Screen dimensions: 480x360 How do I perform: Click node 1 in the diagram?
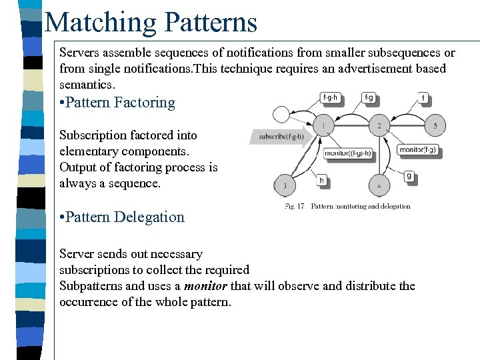click(x=323, y=125)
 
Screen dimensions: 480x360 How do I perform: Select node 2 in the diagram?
click(x=379, y=125)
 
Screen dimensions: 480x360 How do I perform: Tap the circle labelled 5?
click(x=435, y=125)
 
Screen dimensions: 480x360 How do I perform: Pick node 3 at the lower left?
click(x=285, y=185)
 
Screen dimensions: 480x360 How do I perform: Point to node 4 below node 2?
click(x=379, y=185)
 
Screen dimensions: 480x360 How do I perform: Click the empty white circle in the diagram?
click(x=282, y=114)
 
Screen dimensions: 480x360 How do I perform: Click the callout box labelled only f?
click(x=423, y=98)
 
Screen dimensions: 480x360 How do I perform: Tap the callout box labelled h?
click(x=321, y=180)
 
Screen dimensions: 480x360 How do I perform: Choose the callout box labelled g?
click(x=408, y=176)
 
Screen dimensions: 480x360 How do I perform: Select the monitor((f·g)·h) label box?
click(x=347, y=153)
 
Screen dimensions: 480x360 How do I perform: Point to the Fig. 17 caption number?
click(x=294, y=206)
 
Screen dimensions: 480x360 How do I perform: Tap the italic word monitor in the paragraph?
click(x=205, y=286)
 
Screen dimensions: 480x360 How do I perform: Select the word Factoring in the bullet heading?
click(x=144, y=103)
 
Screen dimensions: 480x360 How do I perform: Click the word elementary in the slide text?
click(x=87, y=151)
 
